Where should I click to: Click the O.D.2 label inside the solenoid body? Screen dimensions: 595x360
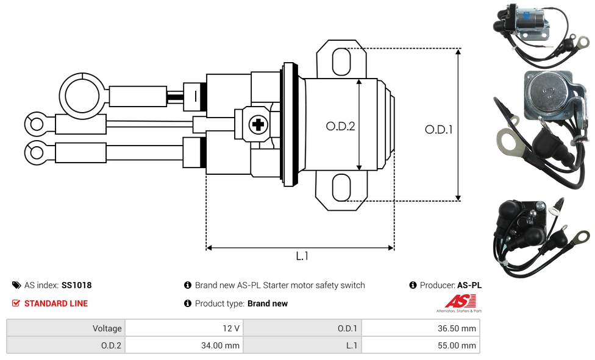coord(340,126)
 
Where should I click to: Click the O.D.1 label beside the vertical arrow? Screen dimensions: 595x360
coord(439,130)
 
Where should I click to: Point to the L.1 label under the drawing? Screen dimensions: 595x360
coord(302,256)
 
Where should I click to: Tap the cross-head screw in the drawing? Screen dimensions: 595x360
coord(258,124)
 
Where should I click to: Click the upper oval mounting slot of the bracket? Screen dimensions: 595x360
coord(341,62)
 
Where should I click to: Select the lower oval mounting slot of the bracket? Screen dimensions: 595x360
coord(341,188)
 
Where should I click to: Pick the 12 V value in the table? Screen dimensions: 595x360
coord(230,328)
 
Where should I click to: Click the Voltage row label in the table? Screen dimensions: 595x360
coord(107,328)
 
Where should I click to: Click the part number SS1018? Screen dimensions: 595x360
coord(77,285)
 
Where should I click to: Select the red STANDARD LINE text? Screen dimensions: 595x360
coord(56,303)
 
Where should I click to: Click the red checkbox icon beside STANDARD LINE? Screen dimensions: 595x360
coord(16,303)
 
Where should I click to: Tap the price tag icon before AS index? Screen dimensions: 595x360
coord(16,285)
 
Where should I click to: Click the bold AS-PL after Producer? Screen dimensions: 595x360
coord(469,285)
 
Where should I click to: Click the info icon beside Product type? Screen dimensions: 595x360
coord(187,303)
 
